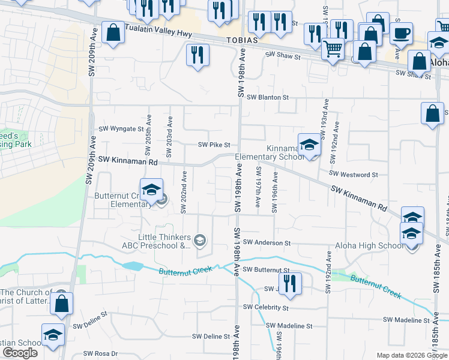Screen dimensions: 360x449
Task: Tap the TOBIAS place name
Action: click(x=242, y=41)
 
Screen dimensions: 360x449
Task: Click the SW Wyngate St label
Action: click(x=121, y=129)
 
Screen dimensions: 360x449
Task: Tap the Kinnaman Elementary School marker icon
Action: click(x=309, y=145)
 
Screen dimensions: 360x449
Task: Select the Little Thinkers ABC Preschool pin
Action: click(x=200, y=241)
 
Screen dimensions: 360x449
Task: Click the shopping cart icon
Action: click(x=333, y=49)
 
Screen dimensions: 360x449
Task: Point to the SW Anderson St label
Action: click(x=268, y=243)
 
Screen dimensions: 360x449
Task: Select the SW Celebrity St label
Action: click(x=266, y=307)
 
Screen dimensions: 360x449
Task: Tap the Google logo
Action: click(x=20, y=353)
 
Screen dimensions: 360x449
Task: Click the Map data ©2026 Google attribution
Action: click(x=411, y=355)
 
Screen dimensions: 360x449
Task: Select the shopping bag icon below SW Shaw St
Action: click(x=432, y=114)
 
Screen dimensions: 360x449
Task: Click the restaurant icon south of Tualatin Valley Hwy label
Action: click(x=197, y=56)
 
